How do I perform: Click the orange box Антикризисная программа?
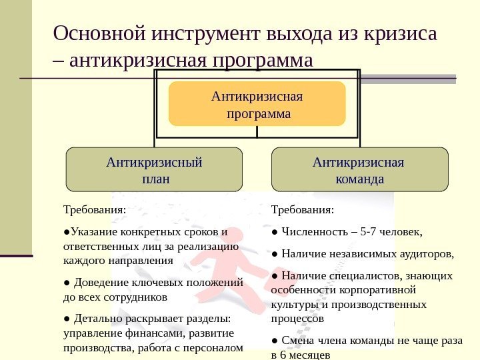(x=257, y=105)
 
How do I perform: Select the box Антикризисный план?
(x=155, y=170)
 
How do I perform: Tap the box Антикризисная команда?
(x=359, y=170)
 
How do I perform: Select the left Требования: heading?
(x=93, y=210)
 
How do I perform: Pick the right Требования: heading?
(x=303, y=210)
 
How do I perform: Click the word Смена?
(x=297, y=341)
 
